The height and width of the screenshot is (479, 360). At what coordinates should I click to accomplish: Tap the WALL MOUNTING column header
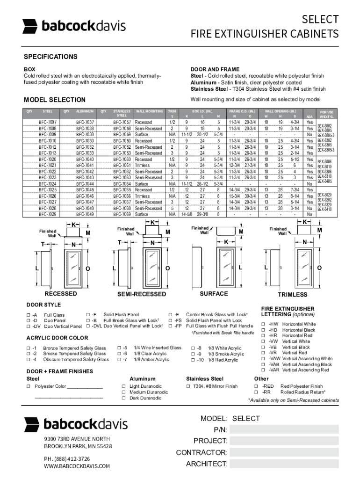pos(149,111)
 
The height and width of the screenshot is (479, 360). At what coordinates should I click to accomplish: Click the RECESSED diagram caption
pos(60,294)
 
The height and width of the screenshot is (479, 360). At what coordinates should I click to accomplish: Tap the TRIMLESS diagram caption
pos(292,295)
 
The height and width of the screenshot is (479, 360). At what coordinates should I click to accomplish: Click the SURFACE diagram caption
pos(214,294)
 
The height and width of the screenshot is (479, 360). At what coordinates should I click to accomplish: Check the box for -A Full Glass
pos(29,315)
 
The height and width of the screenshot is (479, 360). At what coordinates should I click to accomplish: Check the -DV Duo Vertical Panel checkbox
pos(29,326)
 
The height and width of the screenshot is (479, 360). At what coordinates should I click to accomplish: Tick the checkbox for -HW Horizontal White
pos(264,324)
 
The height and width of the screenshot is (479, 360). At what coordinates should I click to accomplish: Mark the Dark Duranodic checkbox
pos(124,398)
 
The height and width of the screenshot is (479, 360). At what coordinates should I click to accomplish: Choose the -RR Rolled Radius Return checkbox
pos(257,392)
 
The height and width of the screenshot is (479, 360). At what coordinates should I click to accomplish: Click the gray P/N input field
pos(284,429)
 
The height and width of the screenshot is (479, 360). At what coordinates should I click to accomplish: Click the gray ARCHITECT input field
pos(284,464)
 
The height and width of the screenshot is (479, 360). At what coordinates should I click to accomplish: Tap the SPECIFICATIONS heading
pos(50,57)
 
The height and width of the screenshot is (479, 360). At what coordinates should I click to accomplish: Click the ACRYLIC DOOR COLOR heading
pos(57,338)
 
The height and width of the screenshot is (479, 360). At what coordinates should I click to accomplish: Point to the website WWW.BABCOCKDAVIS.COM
pos(77,466)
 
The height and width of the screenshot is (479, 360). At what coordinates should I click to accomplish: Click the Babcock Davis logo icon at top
pos(30,26)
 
